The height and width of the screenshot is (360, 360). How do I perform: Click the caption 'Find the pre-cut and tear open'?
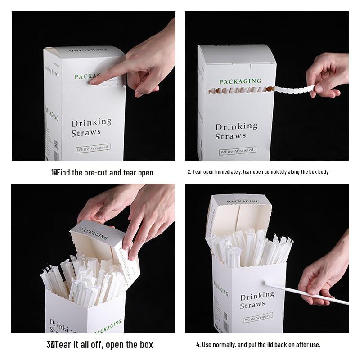pyautogui.click(x=103, y=173)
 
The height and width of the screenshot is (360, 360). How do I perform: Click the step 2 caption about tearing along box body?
pyautogui.click(x=258, y=172)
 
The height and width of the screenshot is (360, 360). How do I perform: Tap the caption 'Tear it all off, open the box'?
pyautogui.click(x=100, y=345)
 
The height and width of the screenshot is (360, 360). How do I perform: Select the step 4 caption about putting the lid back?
pyautogui.click(x=258, y=345)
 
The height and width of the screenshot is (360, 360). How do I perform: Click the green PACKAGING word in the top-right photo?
pyautogui.click(x=240, y=81)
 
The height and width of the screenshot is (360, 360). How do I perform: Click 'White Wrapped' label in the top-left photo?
pyautogui.click(x=93, y=148)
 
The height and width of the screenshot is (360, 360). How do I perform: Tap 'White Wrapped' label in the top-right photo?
pyautogui.click(x=237, y=151)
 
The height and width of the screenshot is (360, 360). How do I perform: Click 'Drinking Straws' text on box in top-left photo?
pyautogui.click(x=91, y=127)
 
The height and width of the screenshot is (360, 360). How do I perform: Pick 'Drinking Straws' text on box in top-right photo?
pyautogui.click(x=236, y=131)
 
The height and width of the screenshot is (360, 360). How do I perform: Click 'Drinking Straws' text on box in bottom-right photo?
pyautogui.click(x=256, y=300)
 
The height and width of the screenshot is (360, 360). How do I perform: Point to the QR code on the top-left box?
pyautogui.click(x=56, y=144)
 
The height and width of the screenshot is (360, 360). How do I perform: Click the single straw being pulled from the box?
pyautogui.click(x=306, y=292)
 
